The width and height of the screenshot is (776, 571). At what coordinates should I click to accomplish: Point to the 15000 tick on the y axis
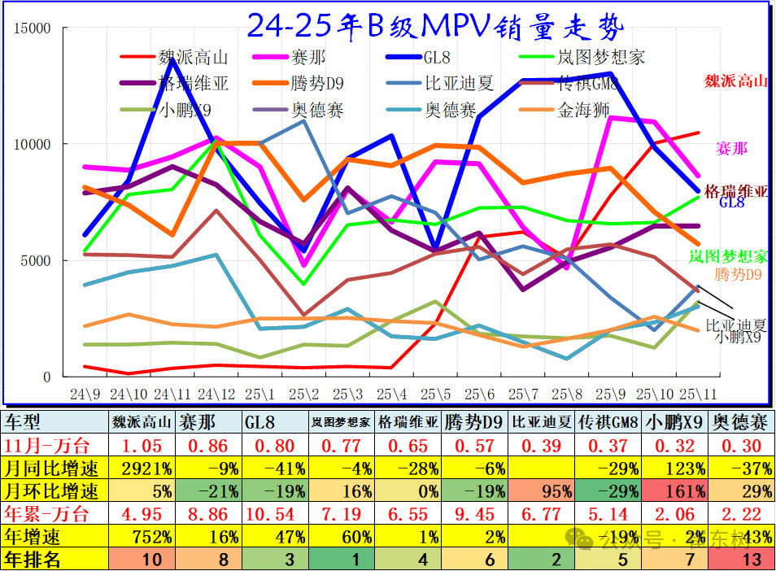[x=33, y=28]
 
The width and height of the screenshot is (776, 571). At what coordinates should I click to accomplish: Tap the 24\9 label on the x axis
[x=85, y=394]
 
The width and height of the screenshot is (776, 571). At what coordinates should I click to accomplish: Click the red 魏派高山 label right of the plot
[x=735, y=81]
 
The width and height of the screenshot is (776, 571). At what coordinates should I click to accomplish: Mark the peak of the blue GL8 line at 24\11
[x=172, y=59]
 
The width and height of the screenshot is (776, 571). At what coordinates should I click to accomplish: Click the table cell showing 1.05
[x=142, y=445]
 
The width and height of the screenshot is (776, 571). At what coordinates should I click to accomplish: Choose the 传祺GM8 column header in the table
[x=607, y=422]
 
